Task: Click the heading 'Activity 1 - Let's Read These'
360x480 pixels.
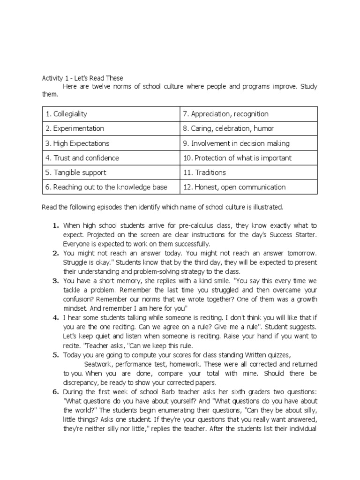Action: point(82,78)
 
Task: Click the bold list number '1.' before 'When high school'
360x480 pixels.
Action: point(55,225)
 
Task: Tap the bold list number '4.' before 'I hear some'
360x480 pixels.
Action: point(55,317)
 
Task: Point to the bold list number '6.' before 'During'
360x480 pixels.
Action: point(55,392)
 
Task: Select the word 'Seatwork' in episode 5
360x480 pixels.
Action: point(99,364)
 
